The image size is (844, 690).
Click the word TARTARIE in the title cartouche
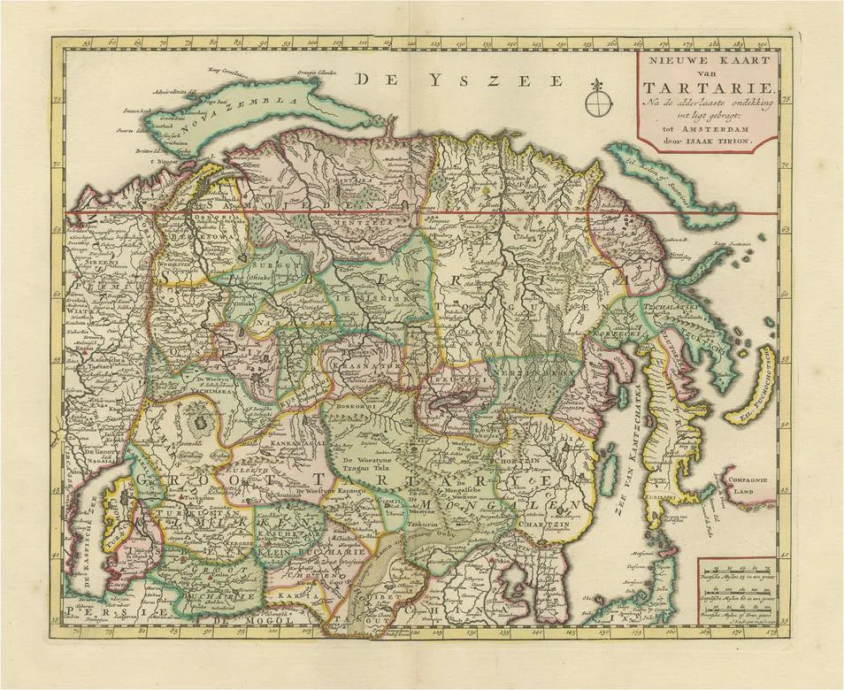point(710,88)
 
